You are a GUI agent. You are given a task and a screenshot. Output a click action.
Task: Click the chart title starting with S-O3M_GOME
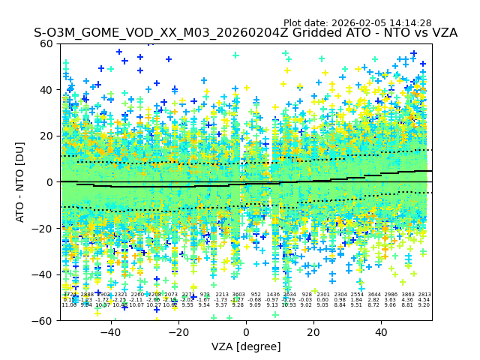click(x=245, y=33)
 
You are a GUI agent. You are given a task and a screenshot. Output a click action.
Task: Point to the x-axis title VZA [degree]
click(x=246, y=346)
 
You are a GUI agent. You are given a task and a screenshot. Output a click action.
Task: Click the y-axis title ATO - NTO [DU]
click(x=21, y=181)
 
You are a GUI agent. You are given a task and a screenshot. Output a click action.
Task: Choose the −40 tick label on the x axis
click(x=110, y=332)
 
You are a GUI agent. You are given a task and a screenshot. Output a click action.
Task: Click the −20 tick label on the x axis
click(x=178, y=332)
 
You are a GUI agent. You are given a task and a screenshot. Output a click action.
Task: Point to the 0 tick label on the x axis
click(x=246, y=332)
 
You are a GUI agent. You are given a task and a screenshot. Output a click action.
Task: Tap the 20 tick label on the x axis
click(x=313, y=332)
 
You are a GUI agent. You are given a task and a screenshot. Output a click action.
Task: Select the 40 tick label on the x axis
click(x=381, y=332)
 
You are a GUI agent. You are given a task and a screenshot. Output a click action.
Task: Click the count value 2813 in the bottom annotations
click(x=424, y=295)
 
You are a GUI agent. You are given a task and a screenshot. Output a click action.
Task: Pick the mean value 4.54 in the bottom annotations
click(x=424, y=300)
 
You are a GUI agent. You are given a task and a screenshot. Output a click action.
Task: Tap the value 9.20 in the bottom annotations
click(x=424, y=305)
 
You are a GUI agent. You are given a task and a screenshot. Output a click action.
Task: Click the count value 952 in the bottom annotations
click(x=256, y=295)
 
